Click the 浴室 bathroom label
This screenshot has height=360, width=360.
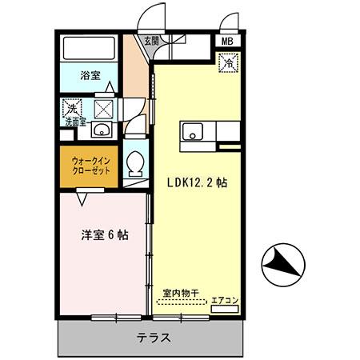coord(90,76)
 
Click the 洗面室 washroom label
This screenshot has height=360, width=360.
coord(77,122)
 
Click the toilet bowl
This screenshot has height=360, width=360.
coord(134,163)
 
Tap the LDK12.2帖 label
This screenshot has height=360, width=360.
coord(197,182)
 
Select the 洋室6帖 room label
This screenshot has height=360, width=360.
coord(103,235)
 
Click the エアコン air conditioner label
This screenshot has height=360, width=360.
coord(225,302)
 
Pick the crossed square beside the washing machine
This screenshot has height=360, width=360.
coord(104,107)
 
